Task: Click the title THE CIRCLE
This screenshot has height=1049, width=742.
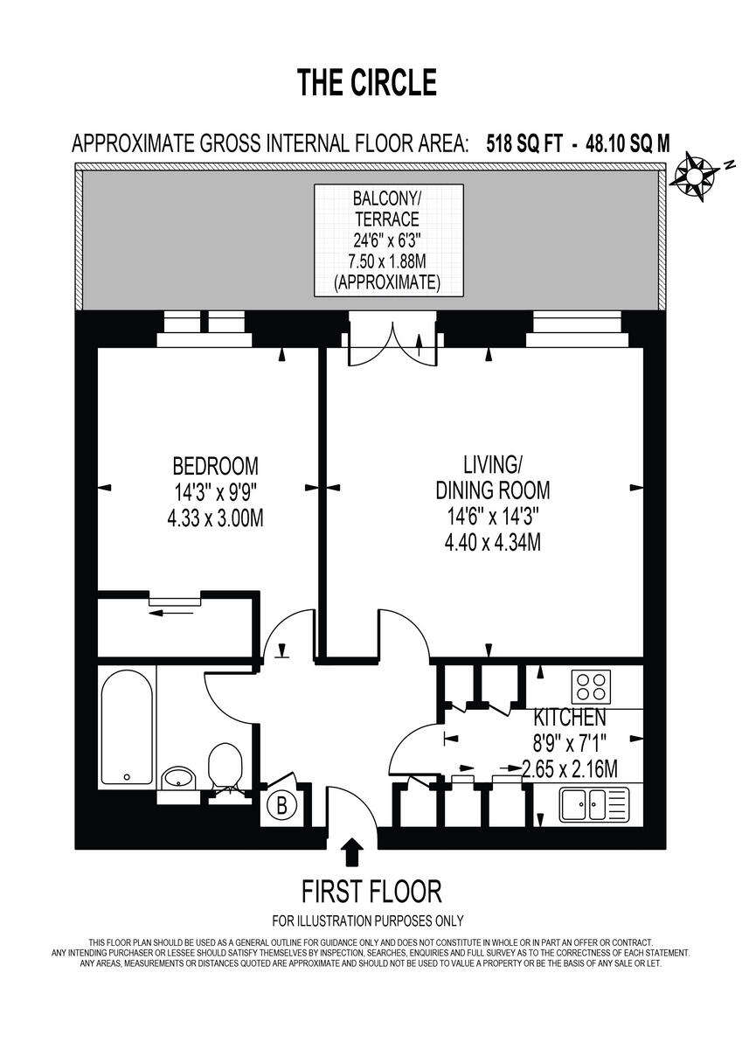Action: pos(366,82)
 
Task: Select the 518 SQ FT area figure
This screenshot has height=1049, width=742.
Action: pos(524,143)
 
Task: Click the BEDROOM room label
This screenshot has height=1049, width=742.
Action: pos(215,465)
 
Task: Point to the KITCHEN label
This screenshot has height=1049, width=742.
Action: pos(570,719)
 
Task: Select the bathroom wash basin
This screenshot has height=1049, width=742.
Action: pos(181,777)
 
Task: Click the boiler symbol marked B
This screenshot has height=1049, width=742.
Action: pos(281,806)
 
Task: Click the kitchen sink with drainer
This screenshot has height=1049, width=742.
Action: pos(593,803)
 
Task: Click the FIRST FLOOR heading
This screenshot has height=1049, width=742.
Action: pos(371,892)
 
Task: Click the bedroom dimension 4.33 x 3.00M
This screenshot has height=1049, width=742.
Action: pos(215,518)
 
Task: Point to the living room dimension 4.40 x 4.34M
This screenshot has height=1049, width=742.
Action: pos(492,542)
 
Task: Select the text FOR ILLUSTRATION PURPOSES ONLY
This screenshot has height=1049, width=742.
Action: pos(368,920)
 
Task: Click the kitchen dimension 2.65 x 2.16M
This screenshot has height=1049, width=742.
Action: pos(570,770)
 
